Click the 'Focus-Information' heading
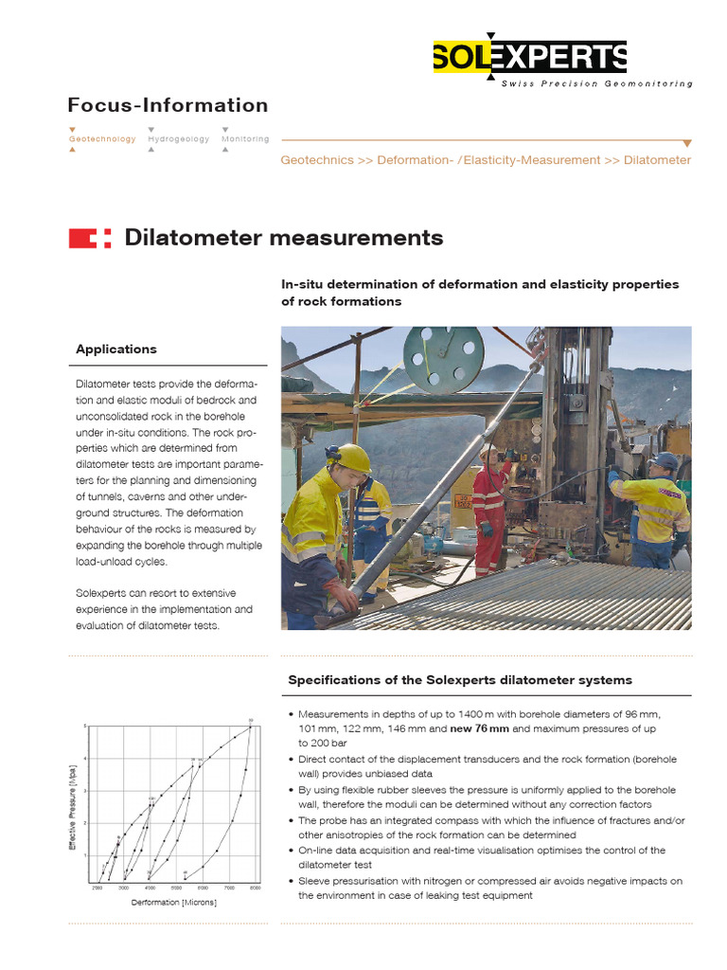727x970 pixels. pos(168,105)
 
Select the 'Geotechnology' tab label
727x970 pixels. pos(102,139)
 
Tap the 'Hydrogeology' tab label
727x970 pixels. pos(178,139)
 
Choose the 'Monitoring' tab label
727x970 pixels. pos(245,139)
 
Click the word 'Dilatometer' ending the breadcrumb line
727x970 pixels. pos(657,160)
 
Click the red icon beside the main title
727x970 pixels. pos(90,238)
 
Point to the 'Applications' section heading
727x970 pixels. pos(116,350)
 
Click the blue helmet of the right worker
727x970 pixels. pos(665,460)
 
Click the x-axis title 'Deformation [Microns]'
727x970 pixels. pos(173,903)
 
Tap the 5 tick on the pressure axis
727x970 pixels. pos(85,727)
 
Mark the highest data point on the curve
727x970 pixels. pos(250,727)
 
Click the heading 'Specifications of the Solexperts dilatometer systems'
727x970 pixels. pos(459,680)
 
